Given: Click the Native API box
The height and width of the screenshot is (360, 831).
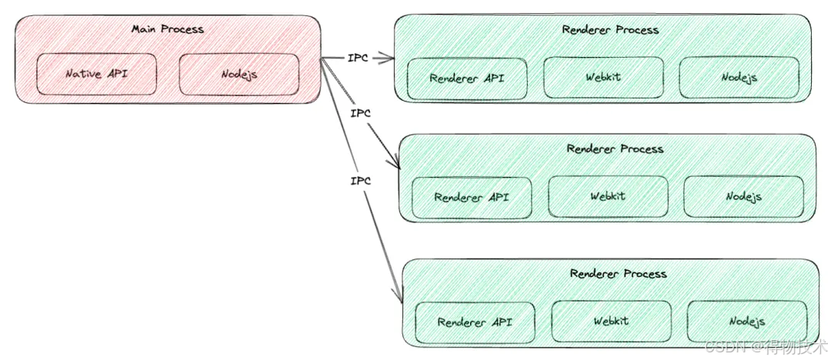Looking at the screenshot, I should coord(96,75).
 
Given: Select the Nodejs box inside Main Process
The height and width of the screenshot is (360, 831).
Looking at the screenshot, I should coord(239,75).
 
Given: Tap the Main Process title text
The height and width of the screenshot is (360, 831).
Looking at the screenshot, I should coord(167,29).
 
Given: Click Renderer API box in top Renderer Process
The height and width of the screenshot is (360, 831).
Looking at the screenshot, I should coord(467,78).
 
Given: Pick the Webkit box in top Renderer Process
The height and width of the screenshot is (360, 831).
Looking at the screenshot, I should coord(602,78).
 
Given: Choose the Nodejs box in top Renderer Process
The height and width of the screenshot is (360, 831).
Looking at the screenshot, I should coord(739,78).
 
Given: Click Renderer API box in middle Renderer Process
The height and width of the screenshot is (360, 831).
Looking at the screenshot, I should coord(471,197).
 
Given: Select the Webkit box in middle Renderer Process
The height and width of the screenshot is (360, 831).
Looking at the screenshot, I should coord(608,196).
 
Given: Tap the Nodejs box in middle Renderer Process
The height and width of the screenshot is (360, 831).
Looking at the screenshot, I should coord(743,196).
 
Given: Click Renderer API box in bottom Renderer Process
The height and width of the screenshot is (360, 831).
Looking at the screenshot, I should coord(475,322).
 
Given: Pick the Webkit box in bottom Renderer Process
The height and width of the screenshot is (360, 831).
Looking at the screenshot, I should coord(611,321).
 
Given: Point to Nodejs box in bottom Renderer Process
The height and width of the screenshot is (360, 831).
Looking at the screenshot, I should coord(746,321).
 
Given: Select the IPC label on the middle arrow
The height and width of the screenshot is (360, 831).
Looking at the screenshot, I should coord(360,114).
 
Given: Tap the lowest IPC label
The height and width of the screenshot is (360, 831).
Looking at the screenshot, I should coord(359,182).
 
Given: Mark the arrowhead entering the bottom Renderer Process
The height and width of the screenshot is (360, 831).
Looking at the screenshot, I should coord(399,297).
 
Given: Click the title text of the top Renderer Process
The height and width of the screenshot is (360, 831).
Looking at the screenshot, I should coord(610,30).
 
